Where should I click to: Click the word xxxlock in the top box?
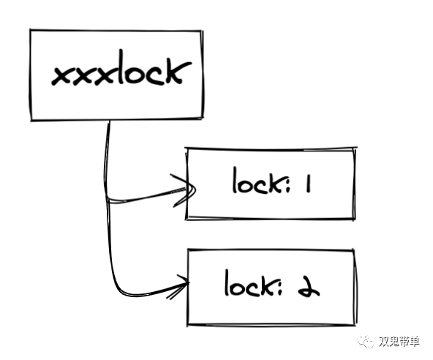(x=121, y=69)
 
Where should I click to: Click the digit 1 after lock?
(x=309, y=184)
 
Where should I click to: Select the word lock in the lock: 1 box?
(x=257, y=180)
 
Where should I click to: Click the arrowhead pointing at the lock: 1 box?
(x=184, y=190)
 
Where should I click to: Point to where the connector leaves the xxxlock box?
(x=108, y=121)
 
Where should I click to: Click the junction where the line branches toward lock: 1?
(x=108, y=200)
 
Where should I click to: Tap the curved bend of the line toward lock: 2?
(x=119, y=289)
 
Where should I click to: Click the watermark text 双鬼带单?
(x=399, y=342)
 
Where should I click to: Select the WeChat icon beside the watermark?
(x=366, y=342)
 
